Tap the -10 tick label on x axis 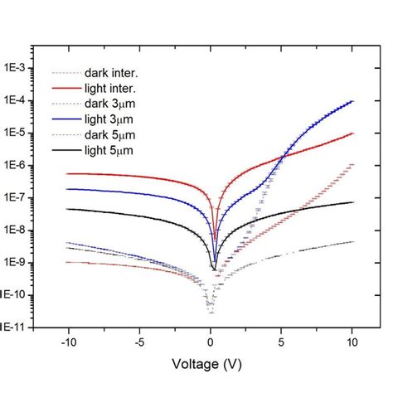(67, 340)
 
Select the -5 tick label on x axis (139, 340)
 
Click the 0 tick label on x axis (211, 340)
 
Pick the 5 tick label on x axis (283, 340)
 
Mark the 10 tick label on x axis (353, 340)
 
